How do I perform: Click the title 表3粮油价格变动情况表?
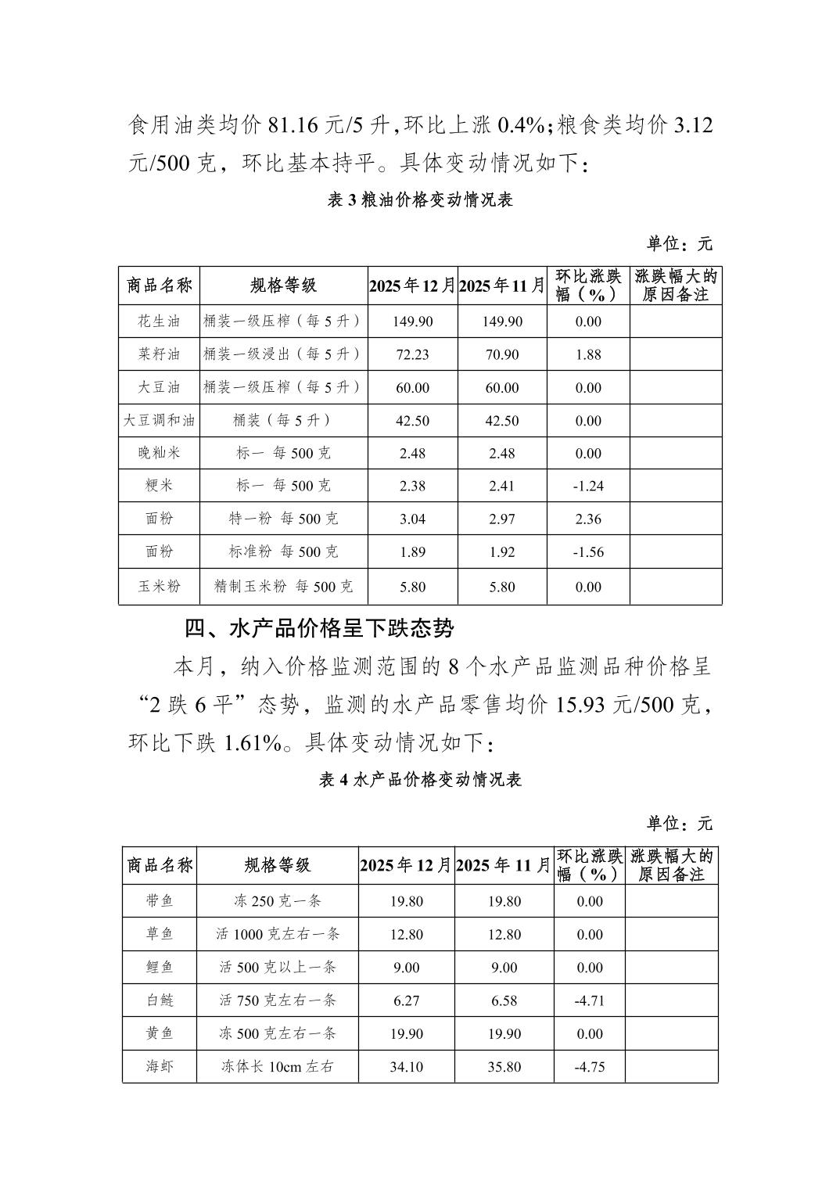click(420, 200)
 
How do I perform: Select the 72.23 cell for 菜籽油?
click(412, 354)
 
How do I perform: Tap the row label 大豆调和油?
click(159, 421)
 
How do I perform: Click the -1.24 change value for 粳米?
click(587, 486)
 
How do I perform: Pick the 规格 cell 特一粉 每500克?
click(283, 519)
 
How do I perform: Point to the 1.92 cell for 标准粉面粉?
click(501, 552)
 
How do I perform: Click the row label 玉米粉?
click(159, 587)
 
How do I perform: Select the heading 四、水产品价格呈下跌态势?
click(318, 628)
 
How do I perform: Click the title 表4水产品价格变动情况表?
click(420, 780)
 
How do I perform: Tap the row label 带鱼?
click(160, 901)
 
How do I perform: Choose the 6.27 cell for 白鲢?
click(406, 1000)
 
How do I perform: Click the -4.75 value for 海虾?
click(589, 1067)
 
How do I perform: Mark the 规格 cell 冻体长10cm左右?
click(277, 1067)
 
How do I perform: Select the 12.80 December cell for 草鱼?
click(406, 935)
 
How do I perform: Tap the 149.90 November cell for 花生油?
click(501, 321)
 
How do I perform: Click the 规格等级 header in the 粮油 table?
click(283, 286)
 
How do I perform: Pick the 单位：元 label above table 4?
click(679, 824)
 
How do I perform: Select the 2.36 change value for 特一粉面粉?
click(587, 519)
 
